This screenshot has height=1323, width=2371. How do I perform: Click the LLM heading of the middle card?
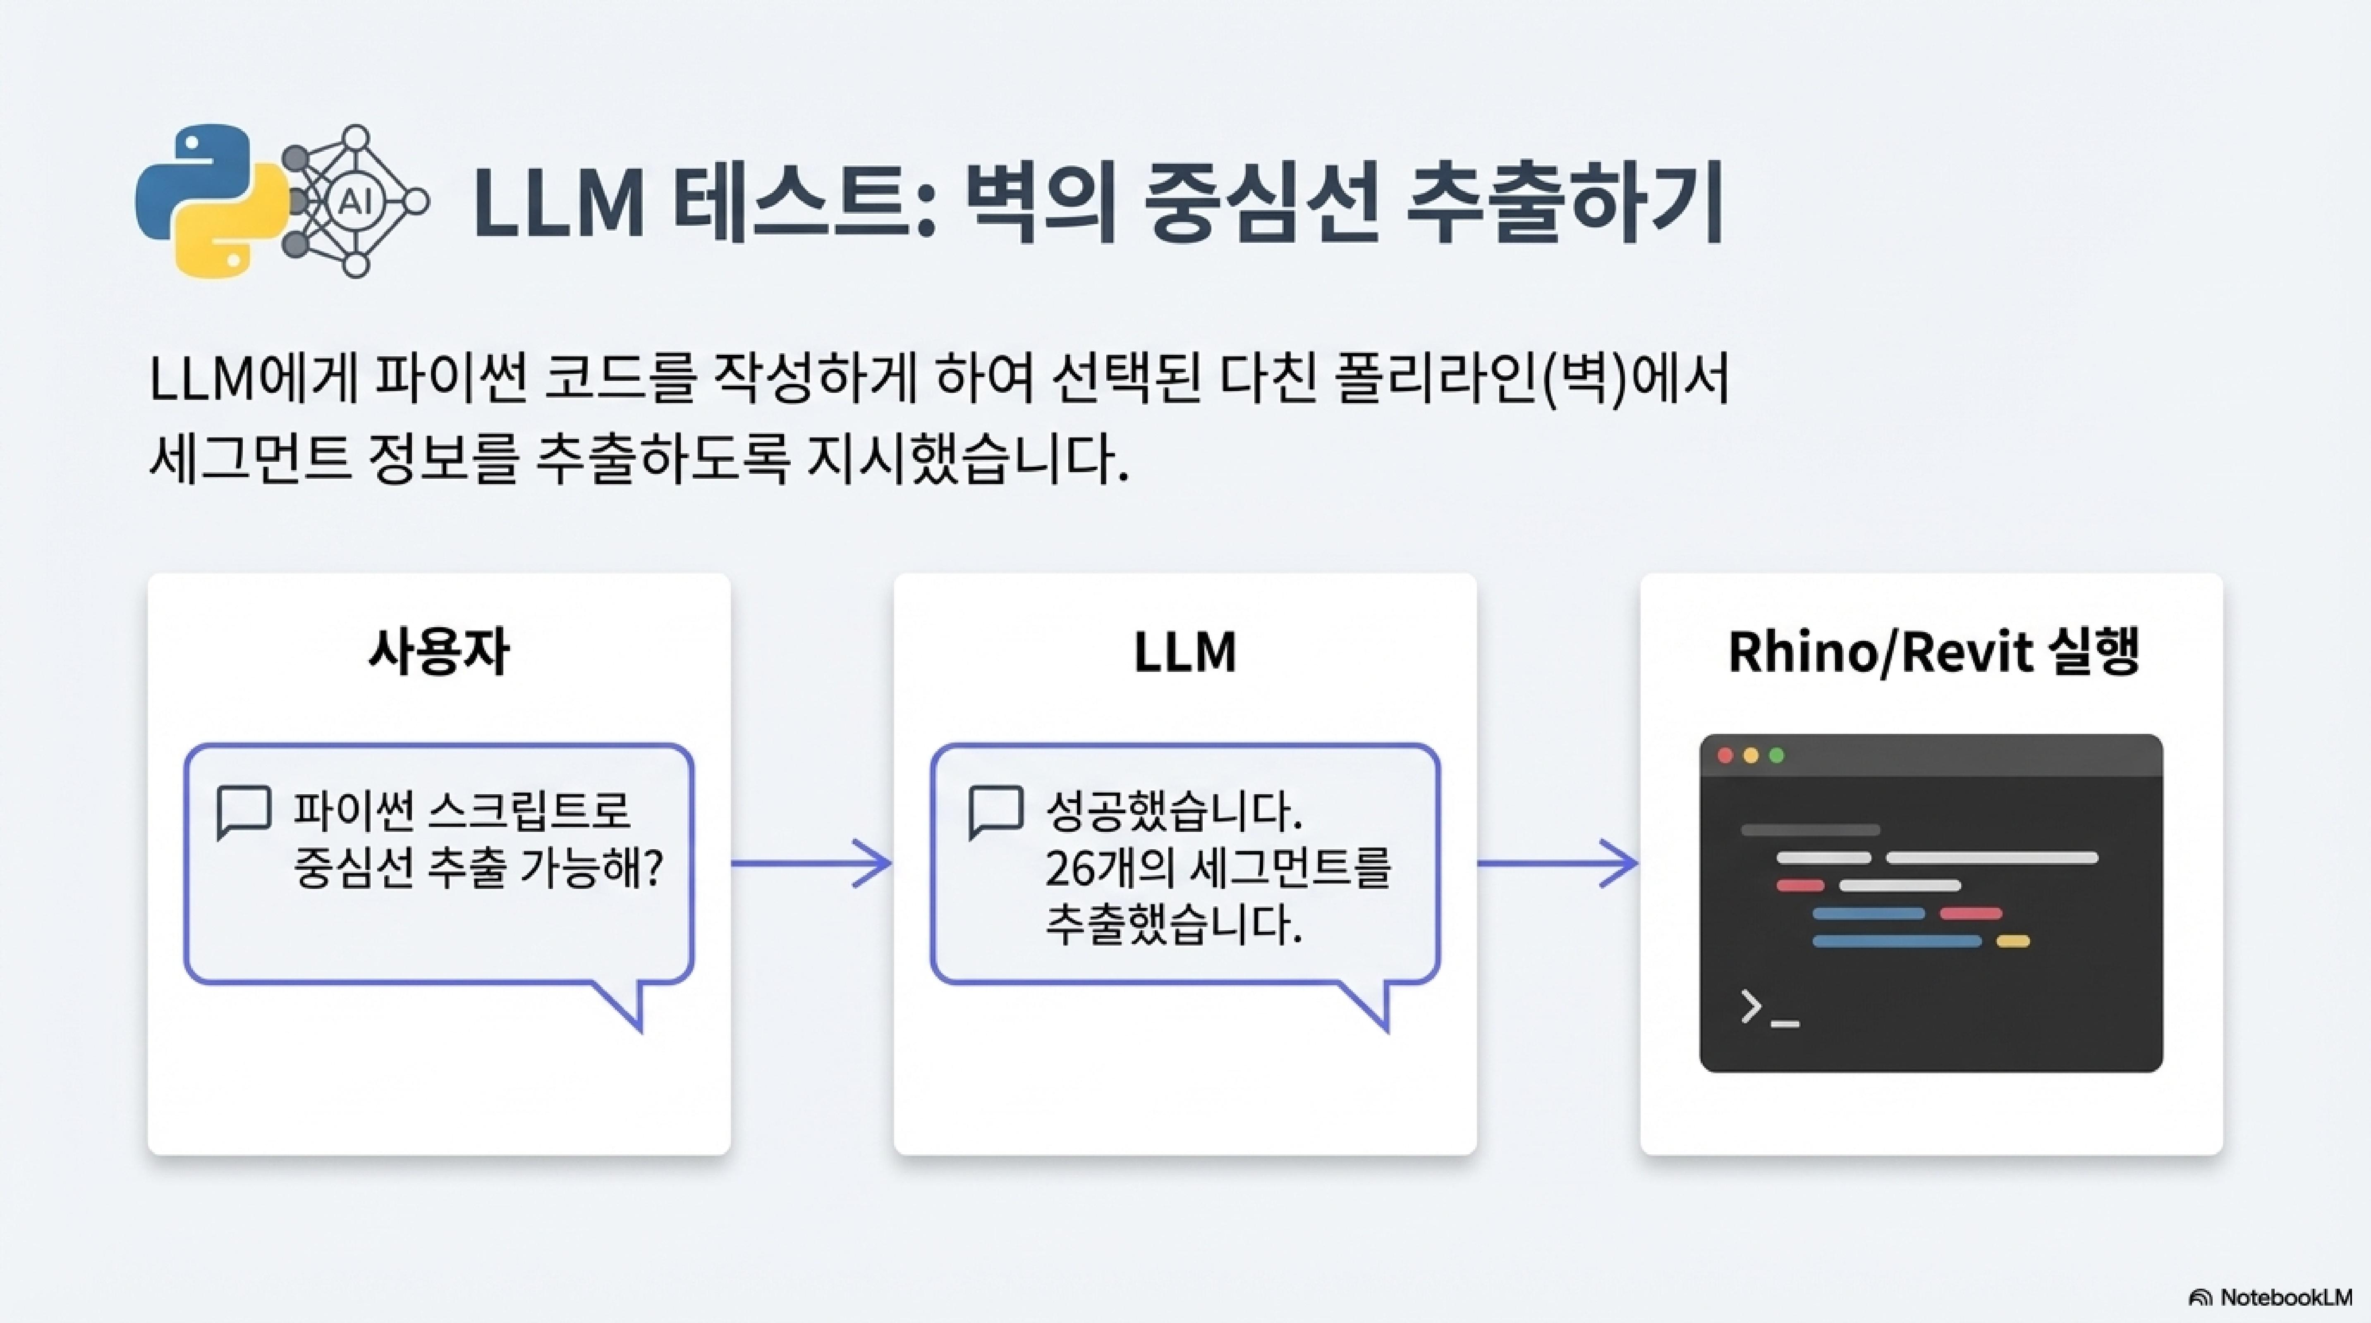tap(1184, 653)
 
